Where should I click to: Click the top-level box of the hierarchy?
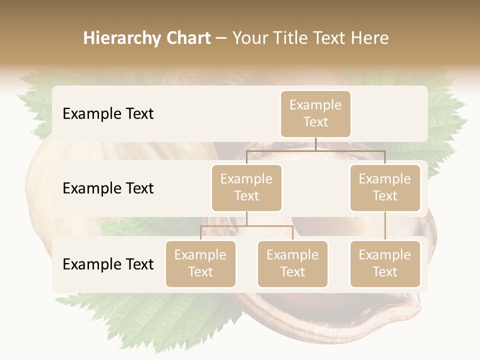coord(315,113)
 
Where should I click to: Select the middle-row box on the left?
coord(246,187)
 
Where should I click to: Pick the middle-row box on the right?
coord(385,187)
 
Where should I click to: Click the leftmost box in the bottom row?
coord(200,263)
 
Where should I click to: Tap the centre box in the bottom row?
coord(292,263)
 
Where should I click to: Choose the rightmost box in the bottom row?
coord(385,263)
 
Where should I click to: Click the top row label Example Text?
coord(108,113)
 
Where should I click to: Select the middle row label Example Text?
coord(108,188)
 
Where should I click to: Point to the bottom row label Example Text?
coord(108,264)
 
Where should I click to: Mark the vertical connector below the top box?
coord(315,144)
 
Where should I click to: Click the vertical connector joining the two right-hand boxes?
coord(385,226)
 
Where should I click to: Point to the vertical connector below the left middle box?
coord(246,218)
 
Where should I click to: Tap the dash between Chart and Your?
coord(221,38)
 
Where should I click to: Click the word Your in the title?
coord(249,38)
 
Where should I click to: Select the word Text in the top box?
coord(315,122)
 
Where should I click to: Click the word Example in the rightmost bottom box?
coord(385,255)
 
